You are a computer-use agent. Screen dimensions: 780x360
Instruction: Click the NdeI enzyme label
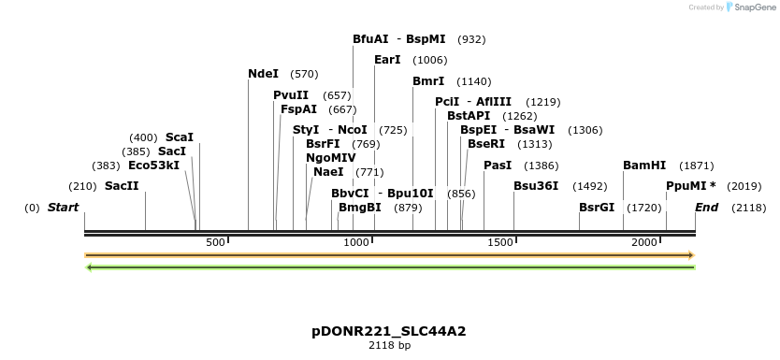click(263, 74)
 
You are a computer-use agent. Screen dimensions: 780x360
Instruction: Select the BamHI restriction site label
click(644, 166)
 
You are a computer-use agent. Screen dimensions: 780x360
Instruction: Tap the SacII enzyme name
click(122, 186)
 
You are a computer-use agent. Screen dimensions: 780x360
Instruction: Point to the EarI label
click(387, 60)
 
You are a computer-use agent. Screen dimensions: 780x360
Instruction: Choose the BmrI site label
click(428, 81)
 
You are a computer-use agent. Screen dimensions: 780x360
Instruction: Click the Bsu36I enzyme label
click(536, 186)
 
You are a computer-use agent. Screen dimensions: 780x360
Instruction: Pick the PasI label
click(498, 166)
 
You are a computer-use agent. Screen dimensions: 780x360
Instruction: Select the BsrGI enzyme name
click(597, 207)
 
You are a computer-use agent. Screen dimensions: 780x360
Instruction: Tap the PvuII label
click(291, 95)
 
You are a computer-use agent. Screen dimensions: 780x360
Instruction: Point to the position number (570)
click(304, 74)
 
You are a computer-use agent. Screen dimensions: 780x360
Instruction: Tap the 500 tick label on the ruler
click(216, 243)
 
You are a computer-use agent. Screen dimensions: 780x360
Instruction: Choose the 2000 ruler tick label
click(645, 243)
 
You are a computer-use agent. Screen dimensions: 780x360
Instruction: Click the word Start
click(64, 207)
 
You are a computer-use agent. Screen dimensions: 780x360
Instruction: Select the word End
click(706, 207)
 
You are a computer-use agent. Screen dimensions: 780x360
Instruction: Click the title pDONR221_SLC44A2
click(389, 331)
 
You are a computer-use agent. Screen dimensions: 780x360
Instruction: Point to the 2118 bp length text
click(389, 345)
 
